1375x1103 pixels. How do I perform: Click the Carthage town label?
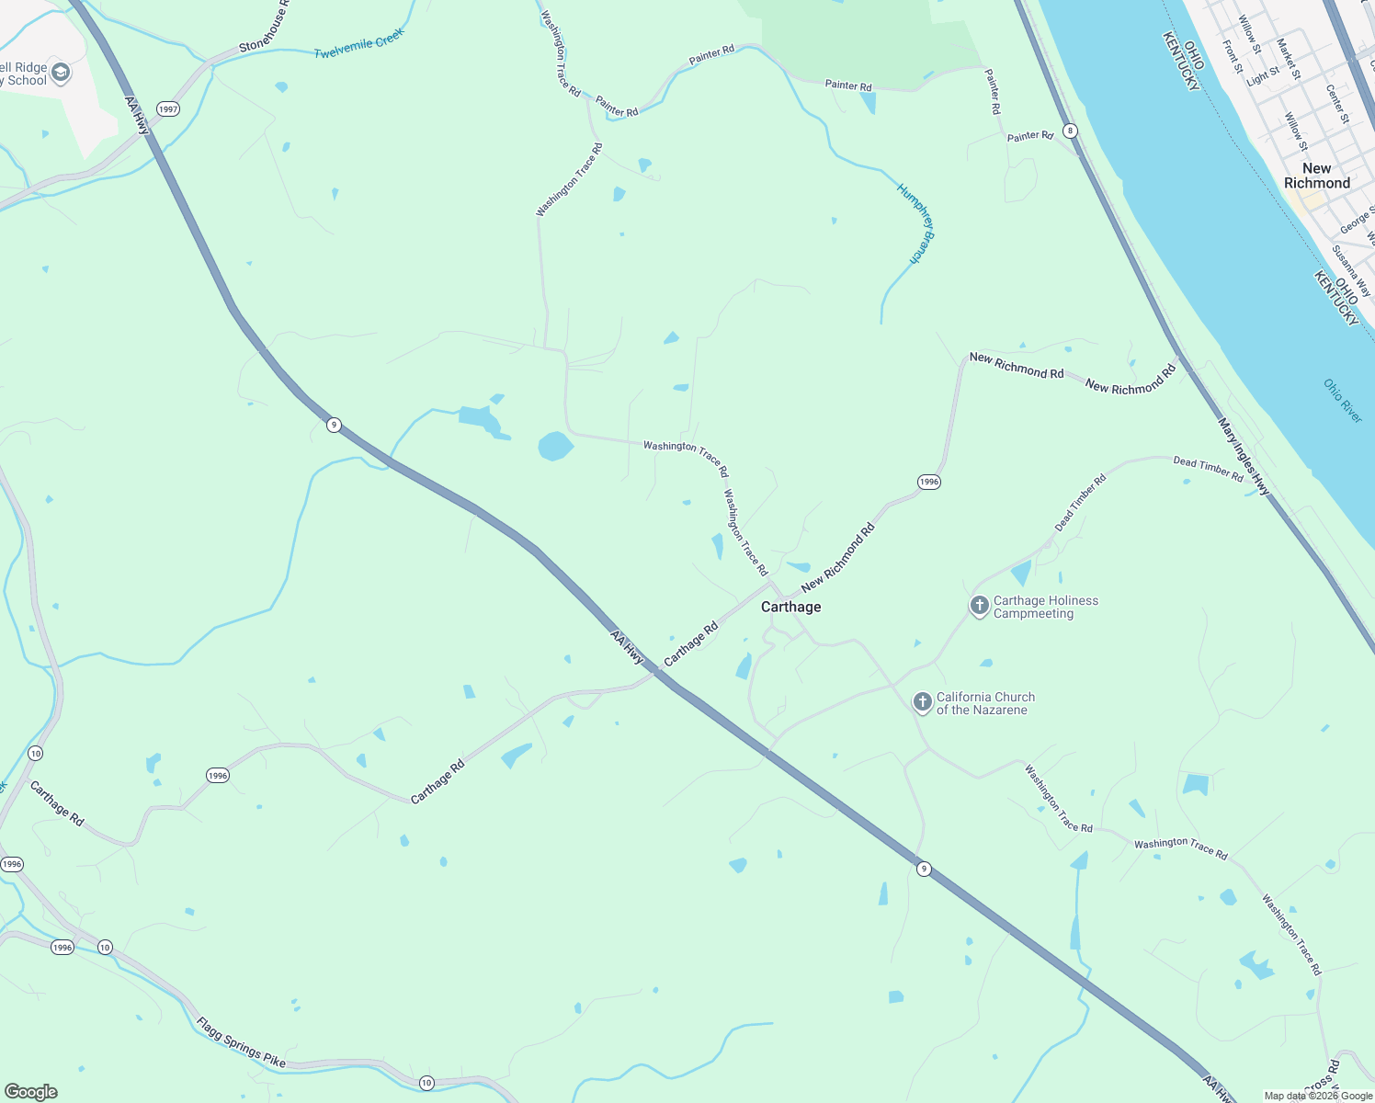point(790,607)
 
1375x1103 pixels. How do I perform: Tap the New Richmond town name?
point(1316,176)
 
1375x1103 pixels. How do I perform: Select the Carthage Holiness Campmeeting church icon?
point(979,606)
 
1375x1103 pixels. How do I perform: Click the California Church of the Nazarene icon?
point(922,702)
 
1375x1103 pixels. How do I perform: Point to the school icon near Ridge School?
point(61,73)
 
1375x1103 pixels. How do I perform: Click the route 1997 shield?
point(167,109)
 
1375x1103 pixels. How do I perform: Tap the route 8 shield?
point(1070,131)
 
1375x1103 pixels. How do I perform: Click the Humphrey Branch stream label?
point(915,223)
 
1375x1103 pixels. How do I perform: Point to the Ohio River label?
point(1343,401)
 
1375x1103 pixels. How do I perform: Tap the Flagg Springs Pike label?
point(240,1043)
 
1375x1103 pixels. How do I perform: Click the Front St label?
point(1232,56)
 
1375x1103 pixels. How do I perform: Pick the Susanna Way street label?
point(1351,269)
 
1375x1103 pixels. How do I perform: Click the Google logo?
point(31,1091)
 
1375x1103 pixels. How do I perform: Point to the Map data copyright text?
point(1317,1096)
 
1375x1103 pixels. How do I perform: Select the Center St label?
point(1337,105)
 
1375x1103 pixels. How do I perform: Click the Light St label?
point(1262,76)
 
